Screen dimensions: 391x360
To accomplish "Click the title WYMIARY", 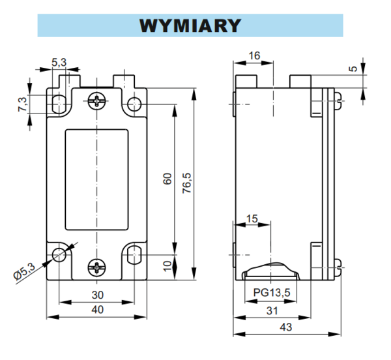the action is (190, 25).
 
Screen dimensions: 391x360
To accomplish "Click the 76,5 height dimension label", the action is (187, 183).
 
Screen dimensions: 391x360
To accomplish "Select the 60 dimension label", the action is (167, 179).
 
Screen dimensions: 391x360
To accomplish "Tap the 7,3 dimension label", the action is (22, 104).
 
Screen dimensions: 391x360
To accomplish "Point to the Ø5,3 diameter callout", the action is (24, 272).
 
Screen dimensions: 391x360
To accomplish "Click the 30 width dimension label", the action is (98, 295).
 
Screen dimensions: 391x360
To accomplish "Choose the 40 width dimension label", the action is (98, 310).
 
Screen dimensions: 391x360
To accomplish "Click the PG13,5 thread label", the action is (272, 292).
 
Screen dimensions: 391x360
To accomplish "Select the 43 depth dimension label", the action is (286, 327).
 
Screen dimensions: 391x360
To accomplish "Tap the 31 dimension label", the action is (272, 311).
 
